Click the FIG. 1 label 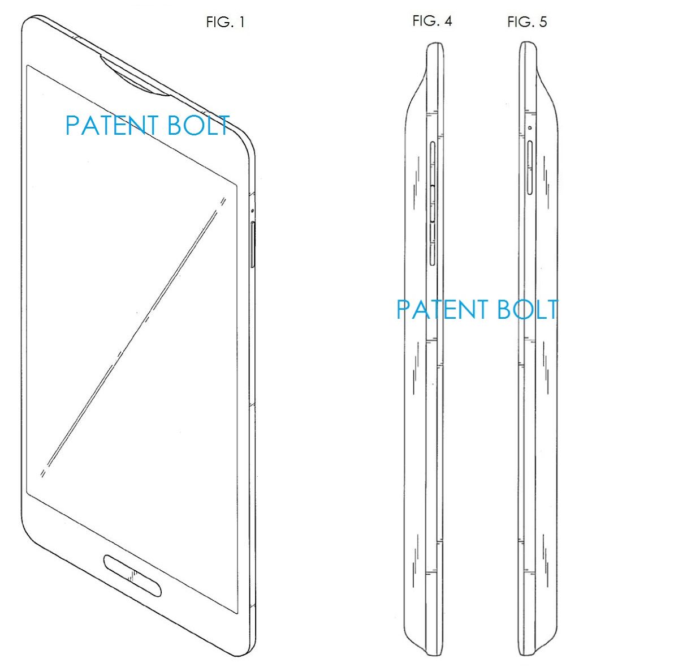pos(225,22)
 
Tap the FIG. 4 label pos(432,21)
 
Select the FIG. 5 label pos(527,22)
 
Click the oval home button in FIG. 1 pos(132,576)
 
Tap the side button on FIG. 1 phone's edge pos(252,244)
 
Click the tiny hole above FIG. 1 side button pos(252,211)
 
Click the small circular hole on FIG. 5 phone pos(530,127)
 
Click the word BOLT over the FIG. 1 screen pos(198,125)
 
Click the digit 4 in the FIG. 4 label pos(448,21)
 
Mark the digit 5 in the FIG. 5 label pos(543,22)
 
